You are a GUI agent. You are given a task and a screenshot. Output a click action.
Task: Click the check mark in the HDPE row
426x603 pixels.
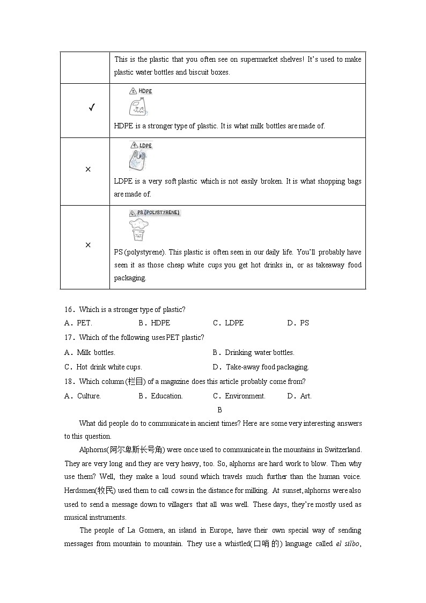pos(92,108)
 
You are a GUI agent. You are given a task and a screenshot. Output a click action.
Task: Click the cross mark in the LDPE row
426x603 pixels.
pos(88,169)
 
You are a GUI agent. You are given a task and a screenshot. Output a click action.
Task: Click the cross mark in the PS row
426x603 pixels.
pos(88,245)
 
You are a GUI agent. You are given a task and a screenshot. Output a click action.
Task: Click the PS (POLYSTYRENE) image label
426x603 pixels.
pos(155,213)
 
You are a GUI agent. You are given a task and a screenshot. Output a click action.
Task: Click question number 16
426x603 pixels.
pos(69,310)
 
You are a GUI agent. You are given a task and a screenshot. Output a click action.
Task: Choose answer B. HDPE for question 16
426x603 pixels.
pos(154,323)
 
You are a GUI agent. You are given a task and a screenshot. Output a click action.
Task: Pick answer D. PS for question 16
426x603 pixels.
pos(298,323)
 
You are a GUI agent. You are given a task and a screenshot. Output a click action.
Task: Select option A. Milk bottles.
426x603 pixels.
pos(90,353)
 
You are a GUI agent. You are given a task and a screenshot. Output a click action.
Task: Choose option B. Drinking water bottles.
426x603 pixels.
pos(253,353)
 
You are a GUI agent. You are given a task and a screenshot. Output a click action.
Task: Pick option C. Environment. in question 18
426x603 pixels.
pos(239,396)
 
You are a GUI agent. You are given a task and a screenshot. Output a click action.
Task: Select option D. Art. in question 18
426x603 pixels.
pos(299,396)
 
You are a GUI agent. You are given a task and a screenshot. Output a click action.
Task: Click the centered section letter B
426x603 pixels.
pos(219,410)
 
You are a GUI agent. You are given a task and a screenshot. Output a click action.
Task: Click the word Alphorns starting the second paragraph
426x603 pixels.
pos(93,450)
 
